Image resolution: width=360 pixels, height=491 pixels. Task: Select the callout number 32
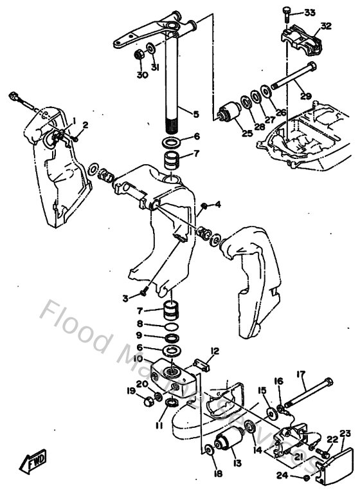coord(326,26)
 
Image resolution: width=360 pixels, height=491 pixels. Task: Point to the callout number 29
coord(305,97)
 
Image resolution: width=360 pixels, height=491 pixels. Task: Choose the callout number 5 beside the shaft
coord(196,115)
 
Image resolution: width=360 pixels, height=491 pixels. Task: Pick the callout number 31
coord(154,68)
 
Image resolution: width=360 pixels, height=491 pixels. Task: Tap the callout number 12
coord(214,351)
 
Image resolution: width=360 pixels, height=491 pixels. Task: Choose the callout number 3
coord(125,297)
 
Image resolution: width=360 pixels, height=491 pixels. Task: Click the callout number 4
coord(218,205)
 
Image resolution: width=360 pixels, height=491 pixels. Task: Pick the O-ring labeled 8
coord(171,325)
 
